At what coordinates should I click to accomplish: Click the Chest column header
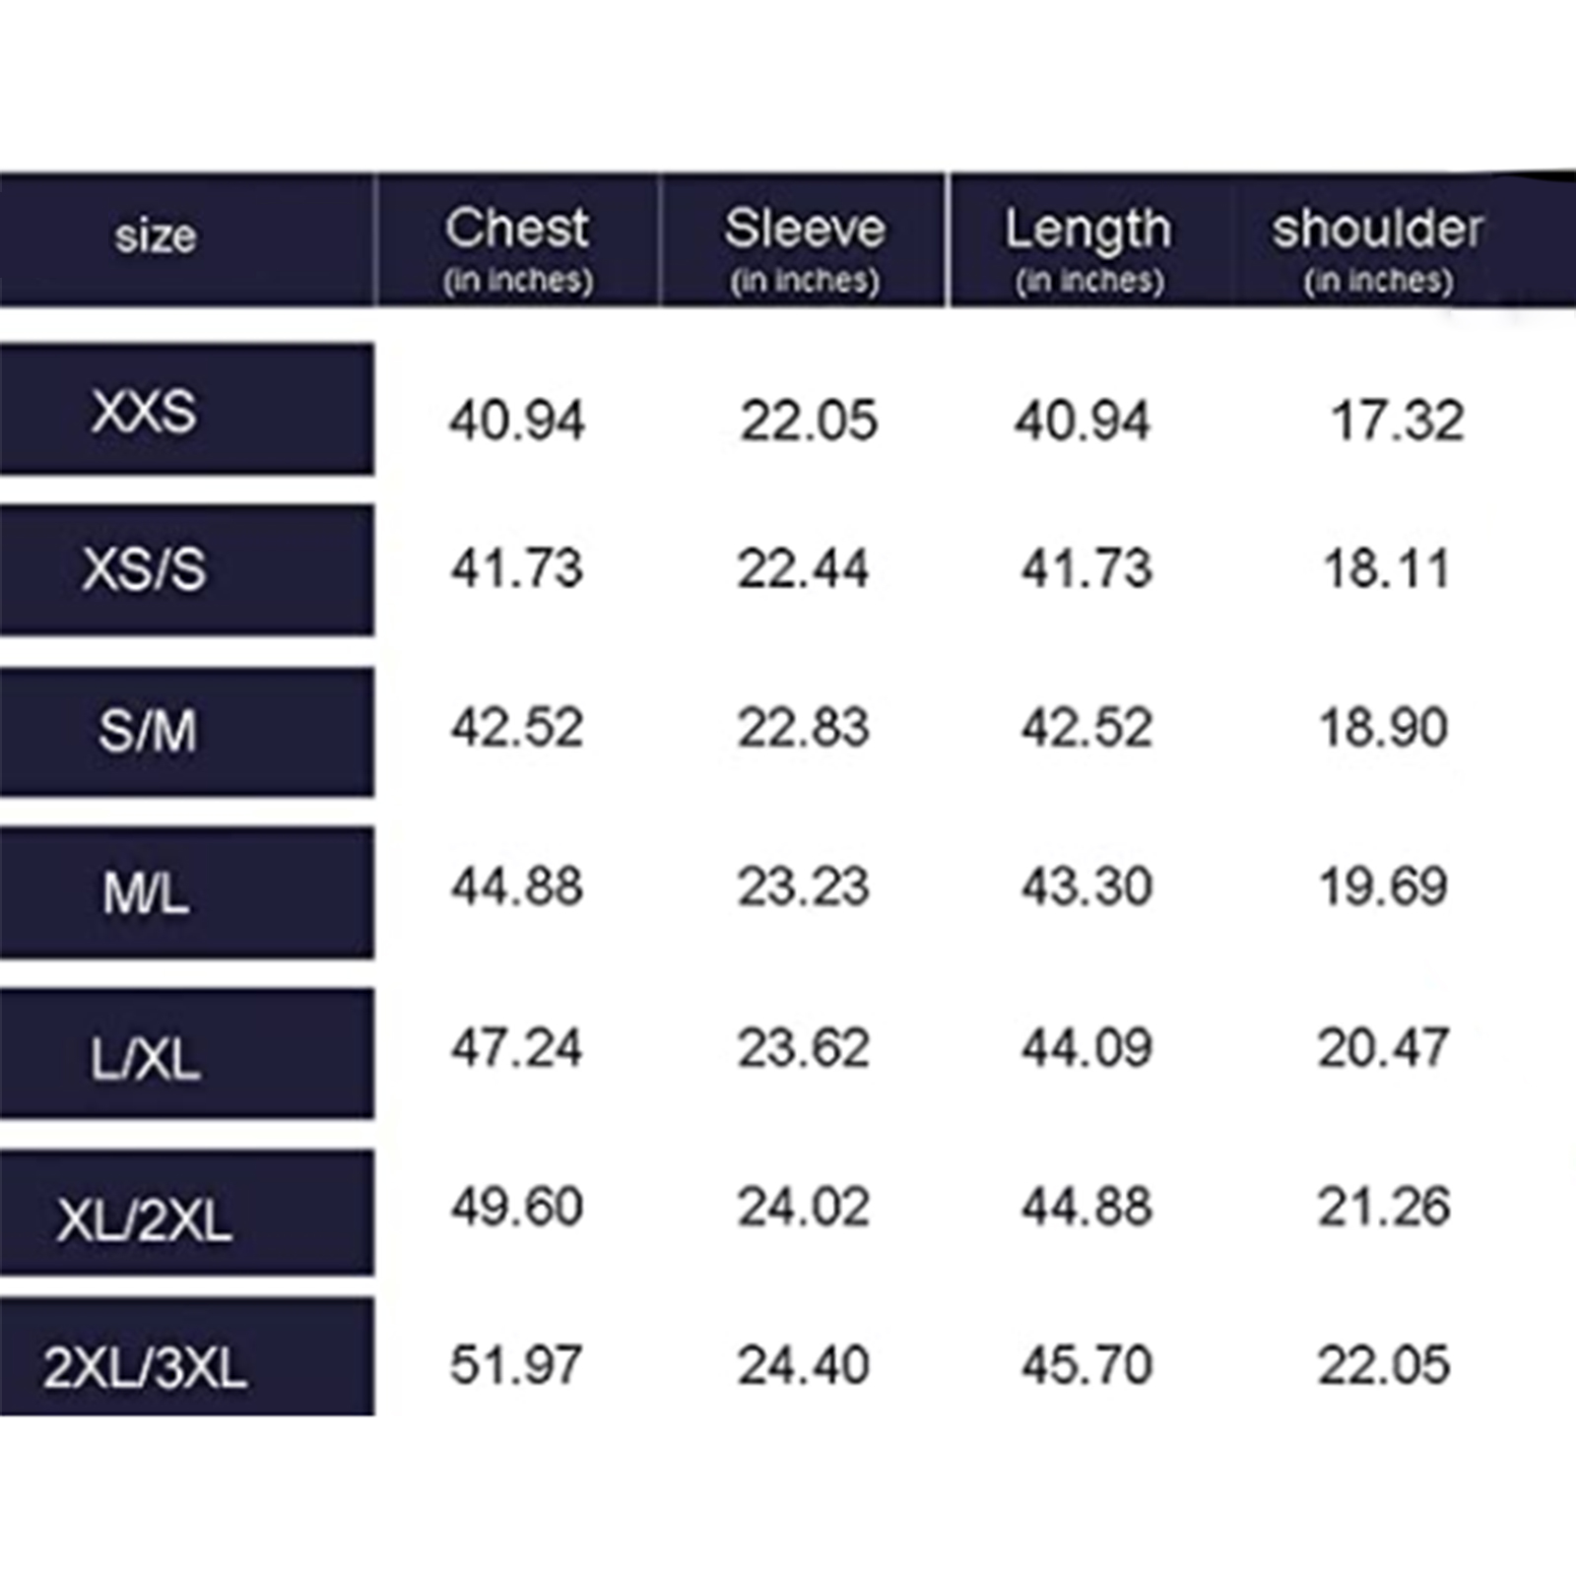pos(517,229)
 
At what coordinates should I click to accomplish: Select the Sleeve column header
pos(805,229)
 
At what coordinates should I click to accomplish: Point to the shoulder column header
pos(1377,229)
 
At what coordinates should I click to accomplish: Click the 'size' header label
pos(156,236)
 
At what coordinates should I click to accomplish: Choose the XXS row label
pos(144,411)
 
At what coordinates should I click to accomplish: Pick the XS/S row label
pos(144,569)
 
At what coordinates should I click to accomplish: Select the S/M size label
pos(147,731)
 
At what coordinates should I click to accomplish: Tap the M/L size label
pos(146,893)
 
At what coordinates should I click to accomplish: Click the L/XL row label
pos(145,1059)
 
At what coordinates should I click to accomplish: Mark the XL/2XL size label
pos(144,1220)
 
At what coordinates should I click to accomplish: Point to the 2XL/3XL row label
pos(144,1367)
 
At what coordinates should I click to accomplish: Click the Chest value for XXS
pos(517,421)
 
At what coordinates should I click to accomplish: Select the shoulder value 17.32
pos(1398,421)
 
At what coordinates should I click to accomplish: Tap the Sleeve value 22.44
pos(804,568)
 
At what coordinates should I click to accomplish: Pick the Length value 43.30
pos(1086,886)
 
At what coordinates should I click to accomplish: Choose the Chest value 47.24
pos(517,1047)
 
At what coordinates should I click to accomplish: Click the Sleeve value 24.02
pos(804,1207)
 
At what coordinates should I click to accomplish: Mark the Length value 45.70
pos(1086,1365)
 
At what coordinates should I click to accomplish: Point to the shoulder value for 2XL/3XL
pos(1384,1365)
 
